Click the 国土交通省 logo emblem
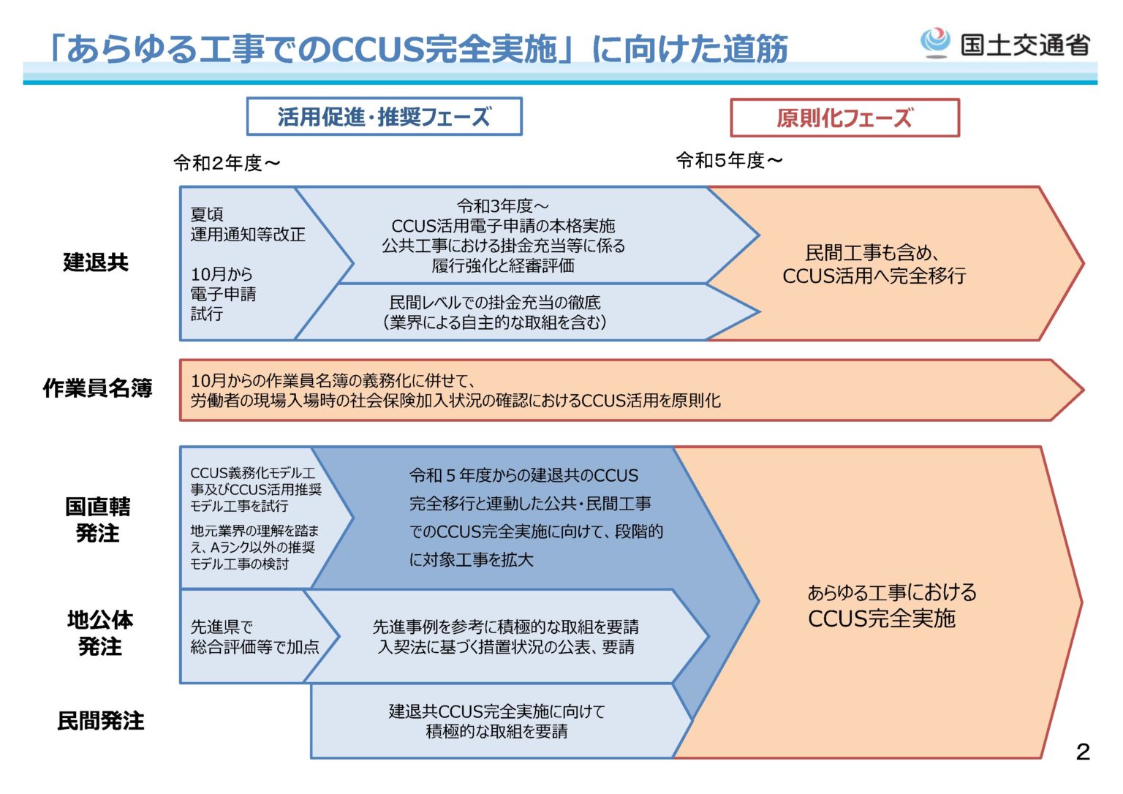tap(935, 42)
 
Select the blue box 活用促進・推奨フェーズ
tap(384, 117)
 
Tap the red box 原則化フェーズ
tap(844, 118)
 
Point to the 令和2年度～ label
tap(227, 163)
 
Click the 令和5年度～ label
tap(729, 160)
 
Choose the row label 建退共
tap(96, 262)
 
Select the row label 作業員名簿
tap(97, 388)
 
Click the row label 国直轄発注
tap(97, 520)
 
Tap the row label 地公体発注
tap(100, 633)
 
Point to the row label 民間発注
tap(101, 721)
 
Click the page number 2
tap(1083, 752)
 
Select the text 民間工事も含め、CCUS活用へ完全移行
tap(874, 264)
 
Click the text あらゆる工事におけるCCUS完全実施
tap(891, 605)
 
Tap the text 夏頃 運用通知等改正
tap(247, 224)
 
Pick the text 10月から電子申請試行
tap(223, 294)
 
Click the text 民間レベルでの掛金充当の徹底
tap(495, 302)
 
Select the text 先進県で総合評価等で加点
tap(254, 637)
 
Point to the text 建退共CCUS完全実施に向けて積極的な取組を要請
tap(496, 721)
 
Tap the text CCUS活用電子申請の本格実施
tap(503, 226)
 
